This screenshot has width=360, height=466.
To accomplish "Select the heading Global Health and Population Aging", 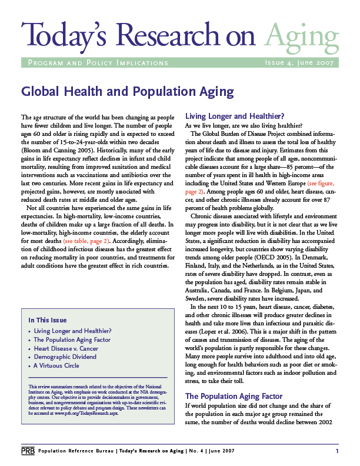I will point(127,92).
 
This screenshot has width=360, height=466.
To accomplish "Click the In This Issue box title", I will point(48,320).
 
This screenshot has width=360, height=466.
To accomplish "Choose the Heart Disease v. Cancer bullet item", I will point(66,348).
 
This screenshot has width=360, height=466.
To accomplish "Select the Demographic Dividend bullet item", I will point(65,357).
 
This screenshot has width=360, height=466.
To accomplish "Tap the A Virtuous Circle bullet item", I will point(56,365).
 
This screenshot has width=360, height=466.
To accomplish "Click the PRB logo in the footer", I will point(27,451).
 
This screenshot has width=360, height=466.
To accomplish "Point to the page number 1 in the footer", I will point(337,451).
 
